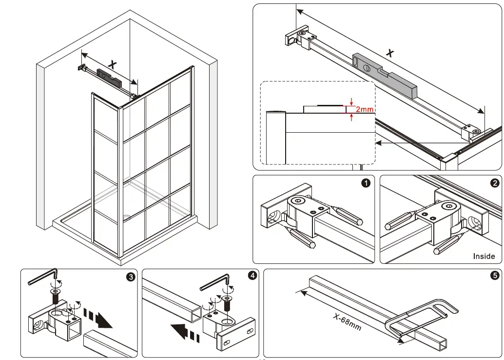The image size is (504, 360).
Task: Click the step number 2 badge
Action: click(494, 183)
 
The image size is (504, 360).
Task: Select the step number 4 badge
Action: click(252, 276)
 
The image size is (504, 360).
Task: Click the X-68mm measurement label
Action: click(347, 322)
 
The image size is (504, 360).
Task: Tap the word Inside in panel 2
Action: click(484, 256)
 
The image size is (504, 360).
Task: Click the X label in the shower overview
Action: click(113, 64)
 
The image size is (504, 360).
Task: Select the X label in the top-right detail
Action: click(389, 53)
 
